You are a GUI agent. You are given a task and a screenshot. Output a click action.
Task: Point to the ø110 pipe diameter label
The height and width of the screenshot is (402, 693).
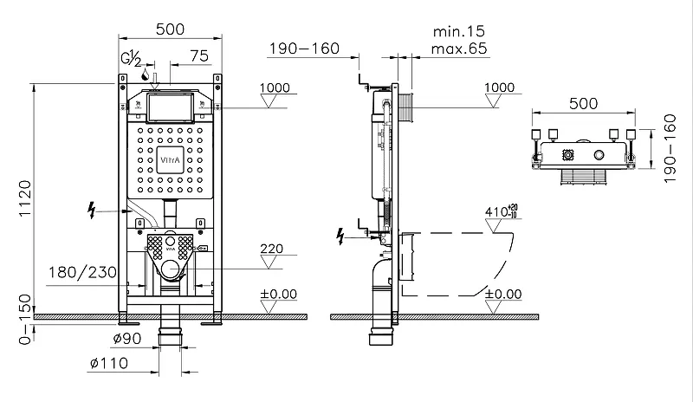click(x=111, y=362)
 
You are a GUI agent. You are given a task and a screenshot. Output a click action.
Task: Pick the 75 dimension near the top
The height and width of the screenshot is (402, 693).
click(x=199, y=55)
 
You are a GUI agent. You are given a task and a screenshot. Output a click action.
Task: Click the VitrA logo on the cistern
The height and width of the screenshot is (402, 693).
click(x=168, y=161)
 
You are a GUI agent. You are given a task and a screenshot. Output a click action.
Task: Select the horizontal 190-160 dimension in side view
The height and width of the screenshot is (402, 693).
click(x=303, y=49)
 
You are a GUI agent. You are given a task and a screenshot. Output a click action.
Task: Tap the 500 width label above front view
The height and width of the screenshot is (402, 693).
click(x=169, y=29)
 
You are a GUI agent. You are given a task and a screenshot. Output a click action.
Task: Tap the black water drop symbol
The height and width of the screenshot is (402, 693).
click(x=145, y=75)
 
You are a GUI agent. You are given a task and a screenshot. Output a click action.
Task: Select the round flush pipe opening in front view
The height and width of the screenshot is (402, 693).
click(x=169, y=270)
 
